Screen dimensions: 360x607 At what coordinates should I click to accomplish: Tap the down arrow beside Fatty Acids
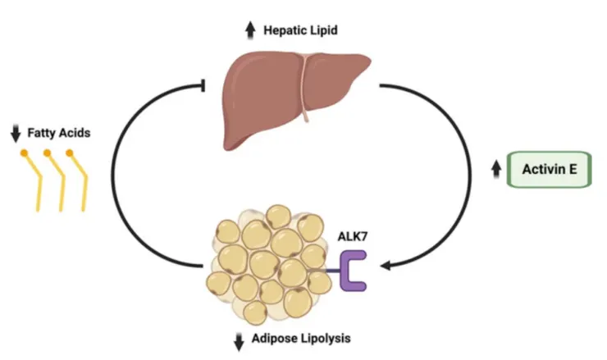(15, 131)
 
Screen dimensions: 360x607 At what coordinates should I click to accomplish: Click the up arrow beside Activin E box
(495, 170)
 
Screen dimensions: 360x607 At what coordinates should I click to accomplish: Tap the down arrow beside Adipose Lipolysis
(240, 339)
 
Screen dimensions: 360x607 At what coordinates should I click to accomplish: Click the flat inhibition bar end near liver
(203, 84)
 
